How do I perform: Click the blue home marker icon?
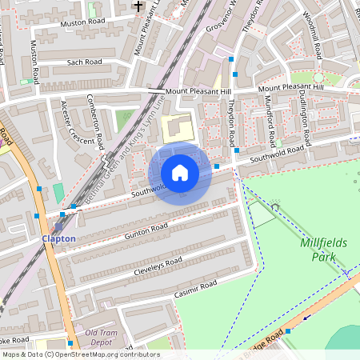(x=180, y=172)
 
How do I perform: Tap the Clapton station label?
(x=59, y=238)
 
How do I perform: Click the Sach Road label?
(x=84, y=61)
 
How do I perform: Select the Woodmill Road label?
(x=313, y=35)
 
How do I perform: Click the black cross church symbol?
(x=138, y=6)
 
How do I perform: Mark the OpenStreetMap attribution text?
(x=81, y=354)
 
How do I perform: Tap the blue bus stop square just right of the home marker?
(x=217, y=166)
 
